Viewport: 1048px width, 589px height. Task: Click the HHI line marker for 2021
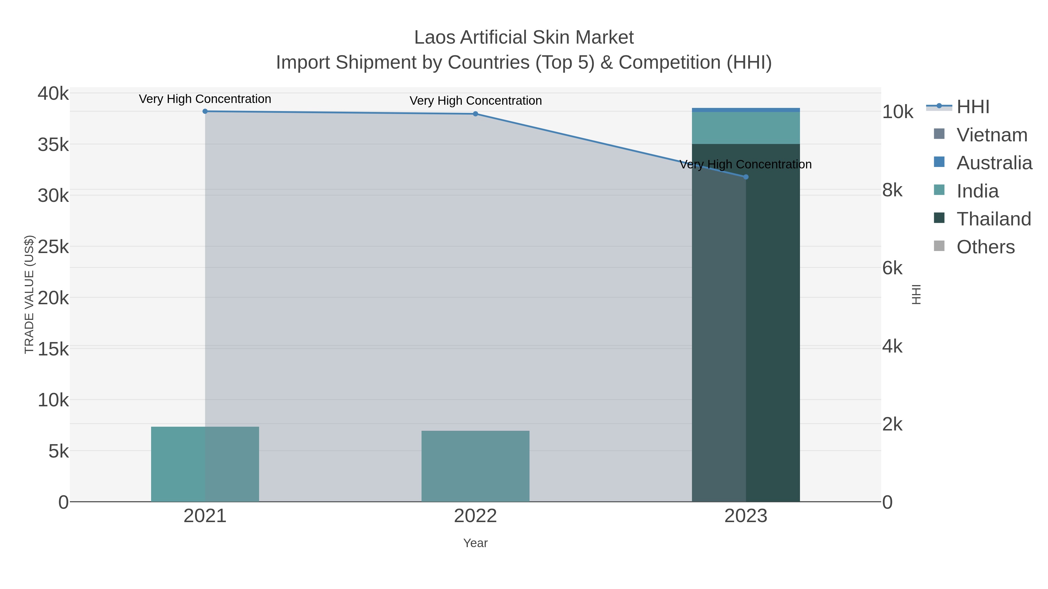tap(205, 111)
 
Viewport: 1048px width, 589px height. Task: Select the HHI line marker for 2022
tap(475, 114)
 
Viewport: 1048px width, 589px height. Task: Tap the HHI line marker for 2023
tap(746, 177)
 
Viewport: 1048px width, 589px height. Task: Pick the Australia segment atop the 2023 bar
tap(746, 110)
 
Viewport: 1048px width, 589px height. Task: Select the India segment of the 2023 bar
tap(746, 128)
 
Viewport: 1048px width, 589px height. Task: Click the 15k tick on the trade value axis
tap(53, 349)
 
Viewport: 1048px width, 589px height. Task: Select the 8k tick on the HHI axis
tap(892, 190)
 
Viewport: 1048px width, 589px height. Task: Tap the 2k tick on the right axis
tap(892, 424)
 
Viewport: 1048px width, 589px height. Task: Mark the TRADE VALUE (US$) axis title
tap(29, 294)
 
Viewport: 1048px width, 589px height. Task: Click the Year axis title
tap(475, 543)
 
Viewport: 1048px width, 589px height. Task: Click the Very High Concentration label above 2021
tap(205, 99)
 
